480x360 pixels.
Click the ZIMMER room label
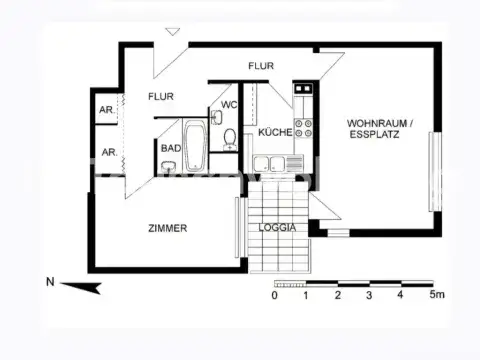point(167,228)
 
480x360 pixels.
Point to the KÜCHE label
point(274,133)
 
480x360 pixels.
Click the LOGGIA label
point(277,228)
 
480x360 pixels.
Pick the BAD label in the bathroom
point(170,148)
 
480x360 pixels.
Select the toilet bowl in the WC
point(229,136)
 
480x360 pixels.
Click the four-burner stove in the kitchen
point(303,128)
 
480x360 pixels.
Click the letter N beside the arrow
point(50,282)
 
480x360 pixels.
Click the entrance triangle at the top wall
point(174,33)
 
